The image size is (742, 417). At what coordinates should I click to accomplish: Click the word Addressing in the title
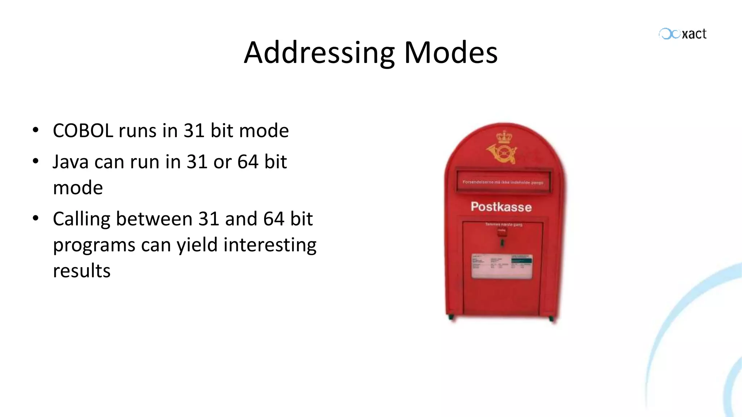[x=319, y=53]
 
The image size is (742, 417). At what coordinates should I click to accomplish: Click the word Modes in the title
[x=451, y=53]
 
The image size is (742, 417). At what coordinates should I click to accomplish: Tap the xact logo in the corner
[x=683, y=34]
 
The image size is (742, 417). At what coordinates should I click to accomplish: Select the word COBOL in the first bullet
[x=83, y=131]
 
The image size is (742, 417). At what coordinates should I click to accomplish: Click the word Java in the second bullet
[x=70, y=162]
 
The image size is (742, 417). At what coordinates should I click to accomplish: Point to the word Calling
[x=82, y=219]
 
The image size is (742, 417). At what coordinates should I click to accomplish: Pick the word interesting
[x=270, y=245]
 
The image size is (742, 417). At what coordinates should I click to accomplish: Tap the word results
[x=82, y=271]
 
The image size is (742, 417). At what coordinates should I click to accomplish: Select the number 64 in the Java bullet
[x=248, y=162]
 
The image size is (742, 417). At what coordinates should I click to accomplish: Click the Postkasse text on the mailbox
[x=501, y=207]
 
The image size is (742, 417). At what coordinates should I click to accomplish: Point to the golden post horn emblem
[x=501, y=153]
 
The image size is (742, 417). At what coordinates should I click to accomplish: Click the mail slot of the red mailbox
[x=503, y=182]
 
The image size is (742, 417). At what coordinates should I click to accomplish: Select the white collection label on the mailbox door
[x=502, y=266]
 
